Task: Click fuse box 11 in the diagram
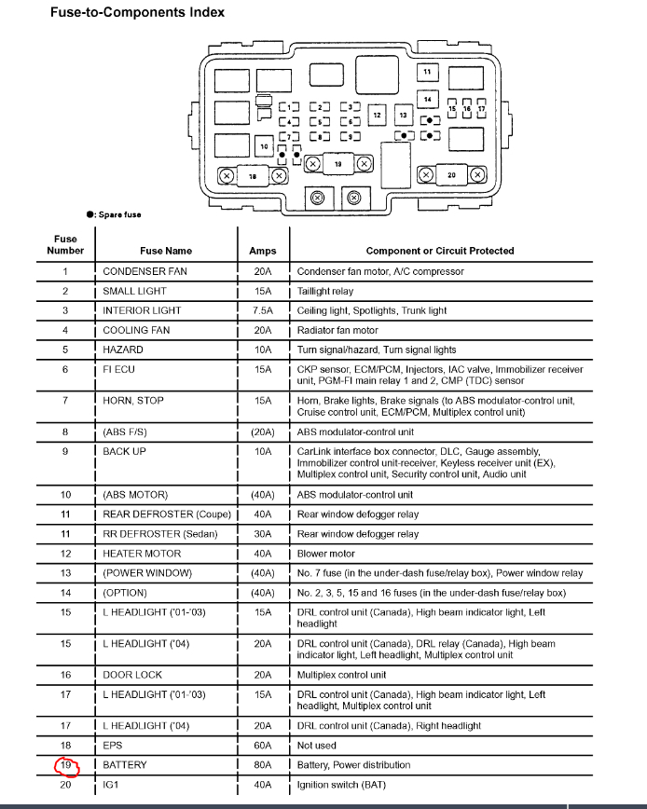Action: (x=427, y=72)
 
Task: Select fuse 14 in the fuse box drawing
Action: (x=427, y=99)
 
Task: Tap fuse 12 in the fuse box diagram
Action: (x=377, y=115)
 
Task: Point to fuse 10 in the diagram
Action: (x=264, y=146)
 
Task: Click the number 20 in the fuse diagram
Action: (x=451, y=175)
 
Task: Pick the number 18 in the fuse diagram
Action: (x=252, y=175)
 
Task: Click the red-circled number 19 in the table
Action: (x=65, y=765)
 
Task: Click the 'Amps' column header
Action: (x=263, y=251)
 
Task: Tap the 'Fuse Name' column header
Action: (x=166, y=251)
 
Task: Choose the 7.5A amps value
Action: (x=263, y=310)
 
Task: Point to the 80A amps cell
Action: (x=263, y=765)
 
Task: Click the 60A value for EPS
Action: (x=263, y=746)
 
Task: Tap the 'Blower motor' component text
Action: (x=326, y=554)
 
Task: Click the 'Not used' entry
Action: (x=317, y=746)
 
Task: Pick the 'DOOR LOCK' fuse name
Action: (x=132, y=675)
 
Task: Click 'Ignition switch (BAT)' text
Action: (x=343, y=785)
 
